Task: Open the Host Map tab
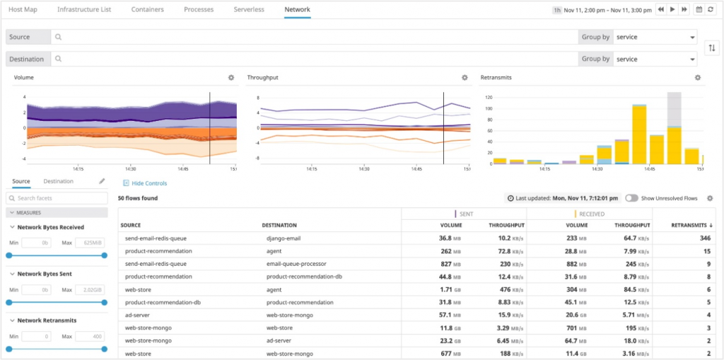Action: tap(22, 10)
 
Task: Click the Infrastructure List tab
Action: tap(83, 10)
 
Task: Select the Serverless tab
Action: tap(249, 10)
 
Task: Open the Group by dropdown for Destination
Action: tap(655, 59)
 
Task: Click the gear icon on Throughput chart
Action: tap(465, 78)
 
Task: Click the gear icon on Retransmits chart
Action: tap(698, 78)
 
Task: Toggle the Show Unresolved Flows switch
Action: tap(631, 199)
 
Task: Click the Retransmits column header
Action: tap(691, 226)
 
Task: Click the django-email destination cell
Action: tap(284, 238)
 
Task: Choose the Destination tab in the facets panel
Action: tap(58, 182)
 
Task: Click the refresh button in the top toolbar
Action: tap(711, 10)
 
